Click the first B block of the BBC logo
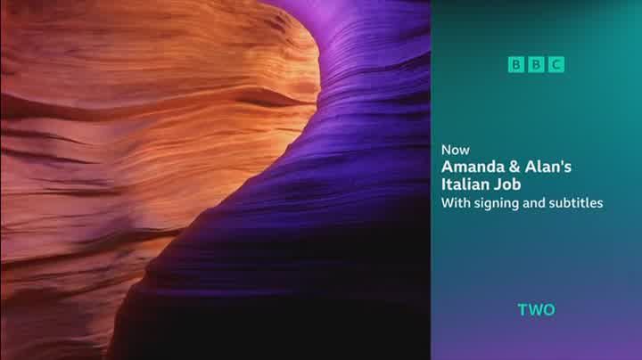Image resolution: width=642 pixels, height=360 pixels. coord(516,65)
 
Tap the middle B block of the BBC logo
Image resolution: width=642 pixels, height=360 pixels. coord(536,65)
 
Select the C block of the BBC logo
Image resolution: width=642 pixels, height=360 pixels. coord(556,65)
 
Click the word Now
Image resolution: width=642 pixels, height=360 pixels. coord(456,150)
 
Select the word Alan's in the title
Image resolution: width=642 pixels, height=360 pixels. coord(547,167)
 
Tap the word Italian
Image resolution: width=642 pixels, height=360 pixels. coord(465,184)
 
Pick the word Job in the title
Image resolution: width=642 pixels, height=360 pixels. coord(506,184)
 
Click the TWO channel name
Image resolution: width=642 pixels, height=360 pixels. coord(537,310)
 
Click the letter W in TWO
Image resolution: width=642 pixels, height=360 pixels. coord(535,310)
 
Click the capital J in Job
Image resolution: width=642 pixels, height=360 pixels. coord(497,184)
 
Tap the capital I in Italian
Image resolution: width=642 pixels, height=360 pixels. coord(443,184)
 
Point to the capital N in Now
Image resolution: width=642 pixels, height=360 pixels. coord(446,150)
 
